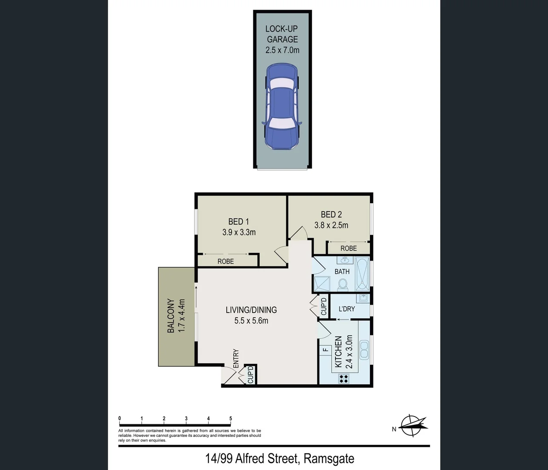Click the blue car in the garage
point(282,107)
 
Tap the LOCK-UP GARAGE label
point(282,34)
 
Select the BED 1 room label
point(239,222)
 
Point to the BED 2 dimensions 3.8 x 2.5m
point(331,225)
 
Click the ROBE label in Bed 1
point(225,262)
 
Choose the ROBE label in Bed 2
point(349,248)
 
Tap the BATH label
point(342,272)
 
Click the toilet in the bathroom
point(343,284)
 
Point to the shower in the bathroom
point(323,284)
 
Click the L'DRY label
point(347,309)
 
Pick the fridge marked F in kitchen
point(325,349)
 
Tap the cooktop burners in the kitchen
point(343,379)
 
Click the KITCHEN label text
point(338,352)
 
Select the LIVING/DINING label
point(251,310)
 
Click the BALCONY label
point(171,316)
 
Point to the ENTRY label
point(236,359)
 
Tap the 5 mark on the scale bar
point(231,419)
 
